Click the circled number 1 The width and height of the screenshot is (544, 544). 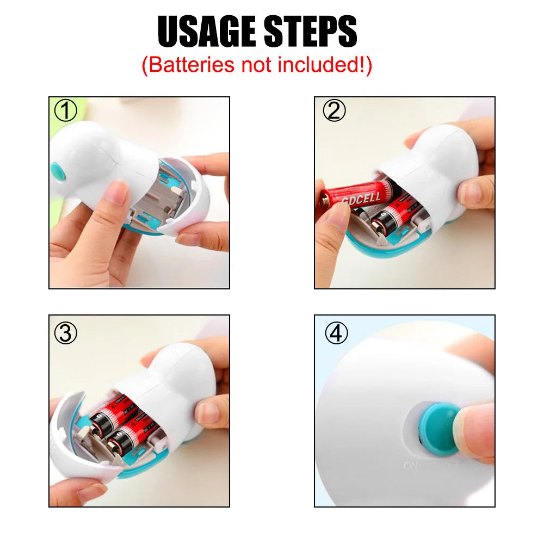pyautogui.click(x=66, y=112)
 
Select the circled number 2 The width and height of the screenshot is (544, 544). pyautogui.click(x=334, y=111)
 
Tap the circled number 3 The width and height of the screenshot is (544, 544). pyautogui.click(x=66, y=333)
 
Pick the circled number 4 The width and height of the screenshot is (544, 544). pyautogui.click(x=336, y=333)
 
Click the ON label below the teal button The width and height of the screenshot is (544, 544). pyautogui.click(x=411, y=466)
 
